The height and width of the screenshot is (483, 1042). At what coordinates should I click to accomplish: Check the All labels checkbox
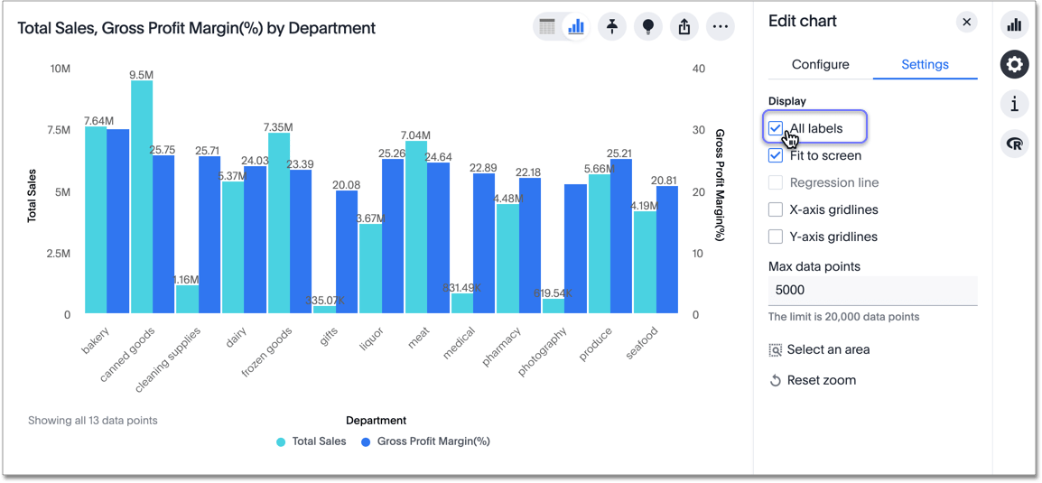click(x=776, y=128)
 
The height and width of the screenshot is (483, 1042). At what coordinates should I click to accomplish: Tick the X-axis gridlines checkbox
click(x=776, y=209)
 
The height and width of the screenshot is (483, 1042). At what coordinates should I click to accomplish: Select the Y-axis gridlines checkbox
click(x=776, y=237)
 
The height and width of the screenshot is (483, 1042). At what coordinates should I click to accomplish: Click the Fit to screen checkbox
click(x=776, y=155)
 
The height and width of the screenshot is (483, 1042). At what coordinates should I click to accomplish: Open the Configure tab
click(x=820, y=64)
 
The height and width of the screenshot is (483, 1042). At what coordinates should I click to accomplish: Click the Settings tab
click(x=925, y=64)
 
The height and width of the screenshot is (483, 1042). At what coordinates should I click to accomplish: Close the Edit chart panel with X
click(x=966, y=22)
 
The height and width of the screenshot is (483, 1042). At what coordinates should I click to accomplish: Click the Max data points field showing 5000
click(x=872, y=291)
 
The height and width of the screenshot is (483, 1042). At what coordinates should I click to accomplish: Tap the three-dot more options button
click(x=720, y=27)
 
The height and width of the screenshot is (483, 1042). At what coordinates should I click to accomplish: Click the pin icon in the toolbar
click(x=612, y=27)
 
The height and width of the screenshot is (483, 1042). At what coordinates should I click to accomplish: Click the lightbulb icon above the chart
click(x=648, y=27)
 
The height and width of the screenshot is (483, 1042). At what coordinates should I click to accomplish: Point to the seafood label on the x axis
click(x=642, y=343)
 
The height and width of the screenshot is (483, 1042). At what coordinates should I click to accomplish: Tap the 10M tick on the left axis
click(x=60, y=69)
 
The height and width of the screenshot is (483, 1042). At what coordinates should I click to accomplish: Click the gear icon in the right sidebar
click(x=1015, y=64)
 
